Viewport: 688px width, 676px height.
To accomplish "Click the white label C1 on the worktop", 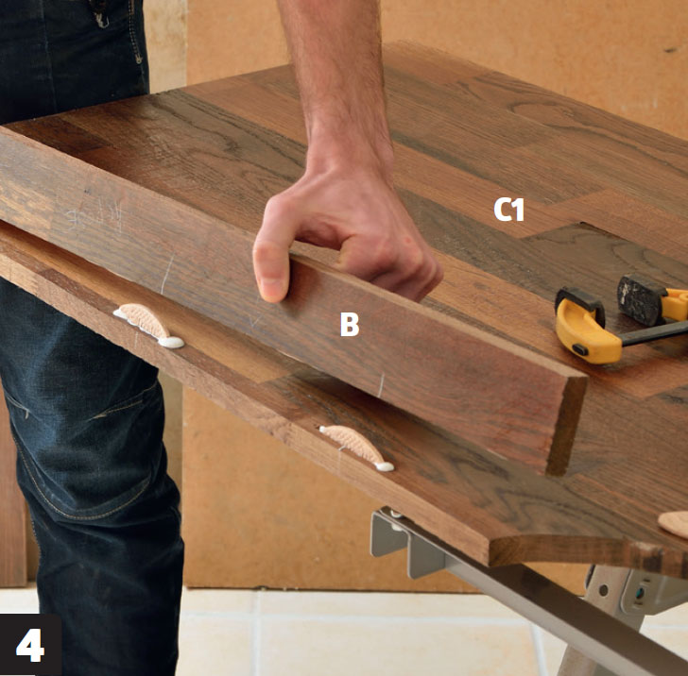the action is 508,210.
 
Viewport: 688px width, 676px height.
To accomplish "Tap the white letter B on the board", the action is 350,325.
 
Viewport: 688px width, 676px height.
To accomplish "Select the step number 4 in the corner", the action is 30,645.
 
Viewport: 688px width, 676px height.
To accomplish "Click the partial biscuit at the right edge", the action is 675,523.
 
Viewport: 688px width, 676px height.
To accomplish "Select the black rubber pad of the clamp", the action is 640,299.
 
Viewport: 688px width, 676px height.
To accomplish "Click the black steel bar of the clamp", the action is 654,332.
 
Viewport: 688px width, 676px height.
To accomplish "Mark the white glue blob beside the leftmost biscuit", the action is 171,342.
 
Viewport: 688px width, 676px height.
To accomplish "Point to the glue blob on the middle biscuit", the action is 385,466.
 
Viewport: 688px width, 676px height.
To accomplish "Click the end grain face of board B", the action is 566,425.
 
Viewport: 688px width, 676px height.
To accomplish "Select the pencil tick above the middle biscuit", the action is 381,386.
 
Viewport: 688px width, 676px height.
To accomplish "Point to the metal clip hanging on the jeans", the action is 100,13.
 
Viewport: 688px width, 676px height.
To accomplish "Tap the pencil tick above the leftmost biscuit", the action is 166,274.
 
